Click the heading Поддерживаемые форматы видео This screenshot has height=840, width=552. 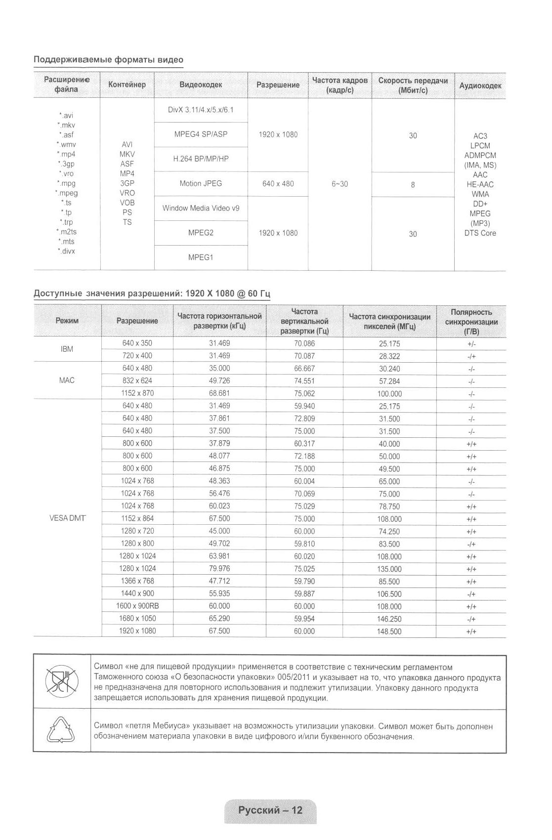[108, 60]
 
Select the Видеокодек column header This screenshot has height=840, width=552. [201, 85]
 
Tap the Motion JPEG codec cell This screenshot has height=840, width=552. [201, 184]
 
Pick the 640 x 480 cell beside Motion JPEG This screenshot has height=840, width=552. [278, 184]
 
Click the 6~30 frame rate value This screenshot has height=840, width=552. [340, 184]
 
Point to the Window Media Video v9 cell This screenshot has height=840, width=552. [201, 209]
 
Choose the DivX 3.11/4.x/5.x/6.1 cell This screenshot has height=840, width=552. [201, 110]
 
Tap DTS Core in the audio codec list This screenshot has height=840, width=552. [480, 233]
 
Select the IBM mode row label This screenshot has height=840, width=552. [67, 349]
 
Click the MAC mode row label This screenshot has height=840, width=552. [67, 380]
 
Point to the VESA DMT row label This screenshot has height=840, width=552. [67, 518]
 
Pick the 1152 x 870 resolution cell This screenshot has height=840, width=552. [137, 393]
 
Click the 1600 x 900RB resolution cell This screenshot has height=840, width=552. [137, 606]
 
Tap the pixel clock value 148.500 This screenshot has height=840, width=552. [389, 631]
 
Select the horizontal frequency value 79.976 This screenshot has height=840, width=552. [219, 569]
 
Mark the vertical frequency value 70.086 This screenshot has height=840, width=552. [304, 343]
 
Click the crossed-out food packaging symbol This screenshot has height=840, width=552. [62, 681]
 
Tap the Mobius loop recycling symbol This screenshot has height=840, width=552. [62, 730]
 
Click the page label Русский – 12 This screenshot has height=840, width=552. [270, 810]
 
